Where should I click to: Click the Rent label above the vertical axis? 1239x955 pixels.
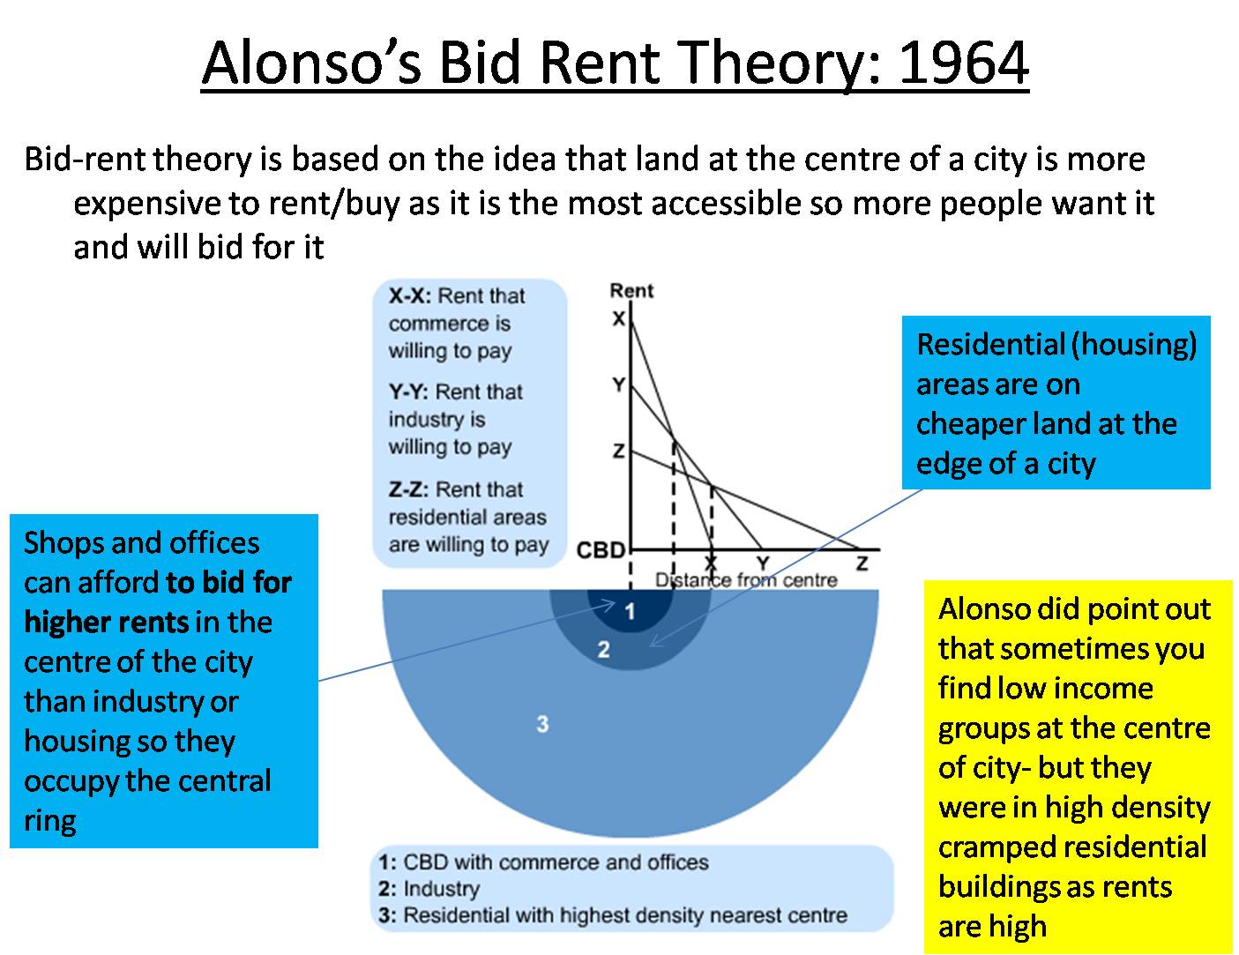pyautogui.click(x=631, y=291)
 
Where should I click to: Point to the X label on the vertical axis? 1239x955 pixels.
pyautogui.click(x=619, y=318)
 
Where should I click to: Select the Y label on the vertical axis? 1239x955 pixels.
pyautogui.click(x=619, y=384)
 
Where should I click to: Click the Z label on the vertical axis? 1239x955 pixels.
pyautogui.click(x=619, y=451)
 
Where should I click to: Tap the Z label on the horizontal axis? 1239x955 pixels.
pyautogui.click(x=862, y=563)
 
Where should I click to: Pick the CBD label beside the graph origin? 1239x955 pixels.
pyautogui.click(x=601, y=551)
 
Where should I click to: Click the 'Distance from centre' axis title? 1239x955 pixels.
pyautogui.click(x=745, y=580)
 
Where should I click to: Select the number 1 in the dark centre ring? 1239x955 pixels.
pyautogui.click(x=630, y=611)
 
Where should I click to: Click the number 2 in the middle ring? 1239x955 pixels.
pyautogui.click(x=603, y=651)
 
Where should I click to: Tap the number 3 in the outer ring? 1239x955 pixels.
pyautogui.click(x=542, y=724)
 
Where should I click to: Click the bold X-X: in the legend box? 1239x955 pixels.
pyautogui.click(x=410, y=296)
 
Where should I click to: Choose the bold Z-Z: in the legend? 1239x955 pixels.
pyautogui.click(x=410, y=489)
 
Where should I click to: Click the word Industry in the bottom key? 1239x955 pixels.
pyautogui.click(x=441, y=889)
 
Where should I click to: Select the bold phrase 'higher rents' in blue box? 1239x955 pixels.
pyautogui.click(x=107, y=623)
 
